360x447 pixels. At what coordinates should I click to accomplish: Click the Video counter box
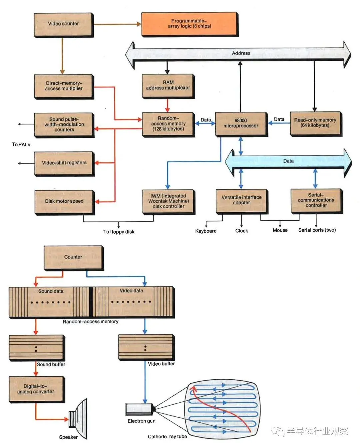pyautogui.click(x=63, y=24)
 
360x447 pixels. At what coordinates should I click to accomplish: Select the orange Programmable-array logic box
pyautogui.click(x=189, y=24)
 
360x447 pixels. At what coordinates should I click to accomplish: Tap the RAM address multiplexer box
pyautogui.click(x=168, y=86)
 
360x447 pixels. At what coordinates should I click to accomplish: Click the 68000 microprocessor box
pyautogui.click(x=241, y=124)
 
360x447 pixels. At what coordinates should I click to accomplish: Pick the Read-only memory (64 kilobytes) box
pyautogui.click(x=315, y=123)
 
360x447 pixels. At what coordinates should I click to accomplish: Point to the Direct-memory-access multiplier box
pyautogui.click(x=64, y=86)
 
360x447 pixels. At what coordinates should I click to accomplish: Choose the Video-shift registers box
pyautogui.click(x=64, y=163)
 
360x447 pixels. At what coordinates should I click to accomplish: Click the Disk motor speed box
pyautogui.click(x=64, y=201)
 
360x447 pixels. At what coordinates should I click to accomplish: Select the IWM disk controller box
pyautogui.click(x=168, y=201)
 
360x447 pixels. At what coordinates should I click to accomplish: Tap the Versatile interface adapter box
pyautogui.click(x=241, y=200)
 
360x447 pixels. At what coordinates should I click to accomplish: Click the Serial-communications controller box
pyautogui.click(x=316, y=200)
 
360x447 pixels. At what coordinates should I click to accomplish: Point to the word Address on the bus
pyautogui.click(x=241, y=53)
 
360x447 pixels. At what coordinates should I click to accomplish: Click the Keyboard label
pyautogui.click(x=206, y=231)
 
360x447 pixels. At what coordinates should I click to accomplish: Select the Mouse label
pyautogui.click(x=280, y=230)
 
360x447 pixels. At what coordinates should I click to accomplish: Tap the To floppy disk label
pyautogui.click(x=119, y=232)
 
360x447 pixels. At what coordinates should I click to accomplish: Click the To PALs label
pyautogui.click(x=21, y=145)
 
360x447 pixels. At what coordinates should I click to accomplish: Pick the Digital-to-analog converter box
pyautogui.click(x=36, y=389)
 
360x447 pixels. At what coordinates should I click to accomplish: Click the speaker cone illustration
pyautogui.click(x=79, y=418)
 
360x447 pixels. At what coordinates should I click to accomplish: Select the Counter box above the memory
pyautogui.click(x=73, y=257)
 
